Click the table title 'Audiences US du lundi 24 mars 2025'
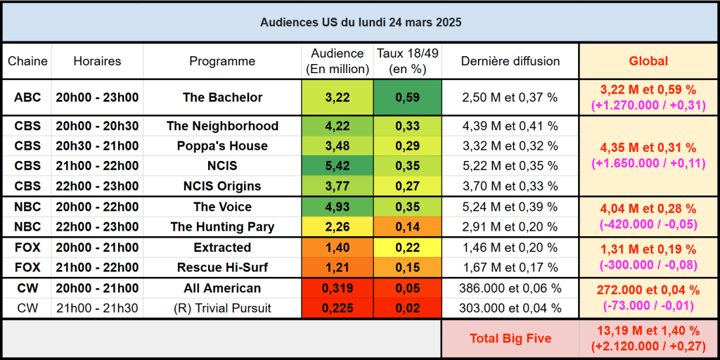click(360, 22)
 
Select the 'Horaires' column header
click(97, 61)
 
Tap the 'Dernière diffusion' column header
click(510, 61)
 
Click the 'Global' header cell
click(648, 61)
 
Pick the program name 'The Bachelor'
click(222, 98)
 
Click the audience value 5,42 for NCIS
click(337, 167)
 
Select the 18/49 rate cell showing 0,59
click(408, 98)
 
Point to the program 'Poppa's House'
click(222, 146)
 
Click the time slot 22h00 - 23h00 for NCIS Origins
click(97, 186)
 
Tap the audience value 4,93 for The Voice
click(337, 207)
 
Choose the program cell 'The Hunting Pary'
click(222, 227)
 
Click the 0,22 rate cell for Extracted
click(408, 247)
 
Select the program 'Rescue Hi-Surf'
click(222, 268)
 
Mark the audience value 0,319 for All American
click(337, 288)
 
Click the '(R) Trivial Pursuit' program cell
click(222, 308)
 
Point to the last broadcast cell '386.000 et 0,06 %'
click(510, 288)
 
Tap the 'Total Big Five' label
click(510, 338)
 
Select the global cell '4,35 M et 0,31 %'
click(648, 148)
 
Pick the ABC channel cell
click(27, 98)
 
